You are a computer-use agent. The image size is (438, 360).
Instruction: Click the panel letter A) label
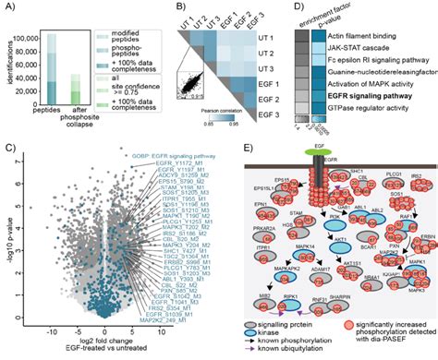click(x=8, y=7)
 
